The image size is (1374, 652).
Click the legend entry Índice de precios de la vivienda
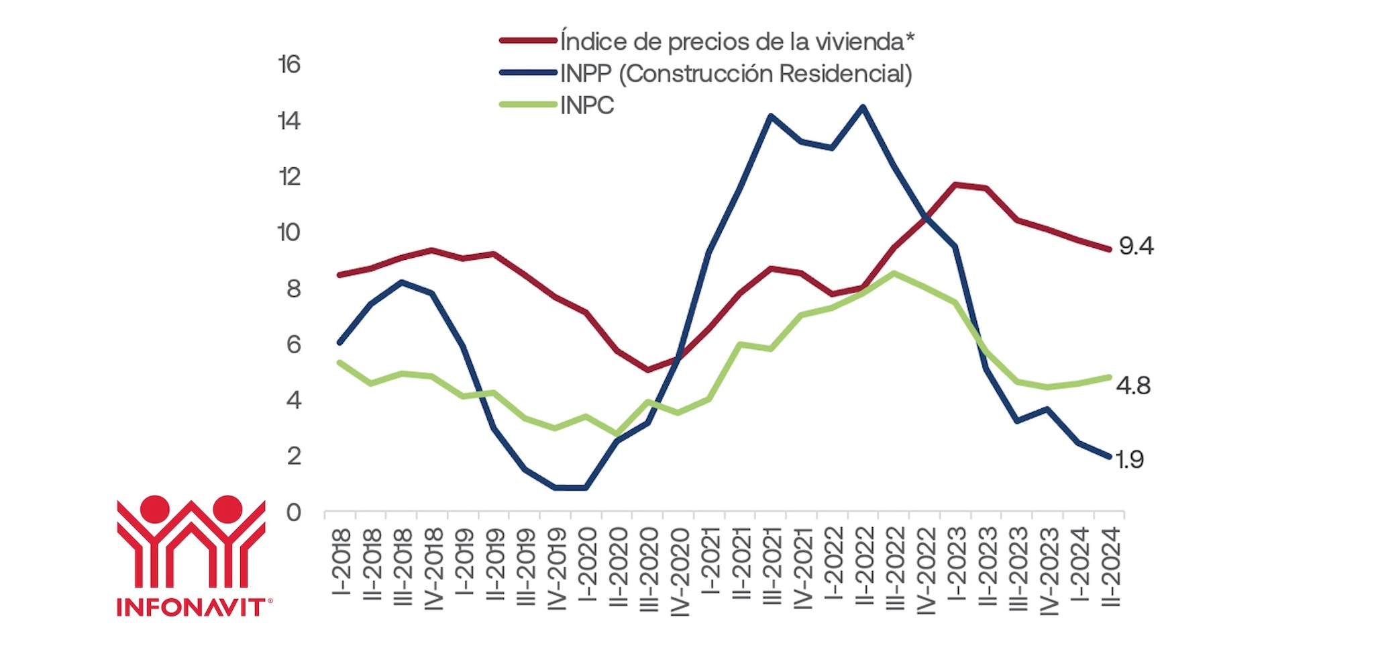(x=737, y=42)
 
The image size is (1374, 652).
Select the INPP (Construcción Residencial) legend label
(x=736, y=73)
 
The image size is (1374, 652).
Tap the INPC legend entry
(x=587, y=105)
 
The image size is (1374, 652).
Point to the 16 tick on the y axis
(x=289, y=64)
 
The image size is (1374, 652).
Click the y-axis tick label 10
(x=288, y=232)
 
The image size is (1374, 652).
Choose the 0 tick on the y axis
(x=293, y=512)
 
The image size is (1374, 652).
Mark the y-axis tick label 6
(x=293, y=344)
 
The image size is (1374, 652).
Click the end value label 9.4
(x=1136, y=246)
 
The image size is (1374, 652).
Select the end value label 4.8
(x=1133, y=385)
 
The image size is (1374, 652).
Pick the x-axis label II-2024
(x=1111, y=566)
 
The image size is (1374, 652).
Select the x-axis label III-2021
(x=772, y=566)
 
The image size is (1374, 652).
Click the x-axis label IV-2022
(x=926, y=570)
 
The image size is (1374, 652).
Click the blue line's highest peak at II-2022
(x=863, y=107)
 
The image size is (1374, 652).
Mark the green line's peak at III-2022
(x=894, y=273)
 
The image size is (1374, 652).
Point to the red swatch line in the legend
(x=528, y=41)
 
